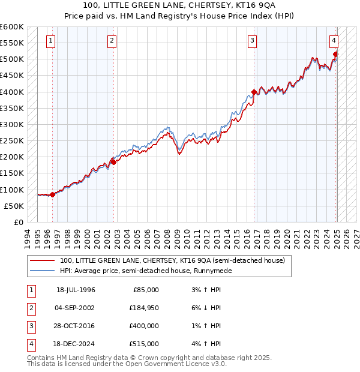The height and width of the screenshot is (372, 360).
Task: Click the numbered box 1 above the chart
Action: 50,41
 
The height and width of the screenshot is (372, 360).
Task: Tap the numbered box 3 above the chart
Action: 252,41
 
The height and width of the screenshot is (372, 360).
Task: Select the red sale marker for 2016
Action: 254,92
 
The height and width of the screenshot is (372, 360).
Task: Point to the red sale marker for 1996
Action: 53,194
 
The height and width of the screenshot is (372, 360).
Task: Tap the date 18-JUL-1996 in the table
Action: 76,290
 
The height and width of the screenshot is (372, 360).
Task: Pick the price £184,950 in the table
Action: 144,308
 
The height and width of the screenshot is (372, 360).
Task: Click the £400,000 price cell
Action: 144,326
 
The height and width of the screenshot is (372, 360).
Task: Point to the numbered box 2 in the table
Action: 31,308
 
